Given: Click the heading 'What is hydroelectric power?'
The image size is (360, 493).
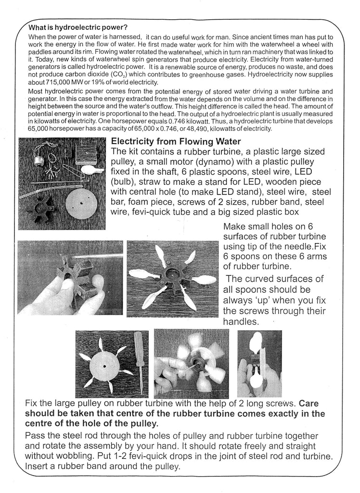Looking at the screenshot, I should click(x=78, y=27).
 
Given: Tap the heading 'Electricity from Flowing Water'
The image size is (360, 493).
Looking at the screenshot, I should click(x=184, y=142).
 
